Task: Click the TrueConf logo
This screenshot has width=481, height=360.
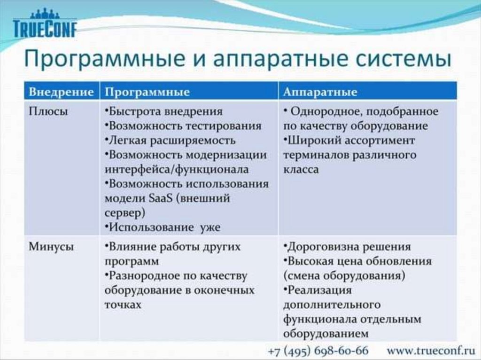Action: [45, 23]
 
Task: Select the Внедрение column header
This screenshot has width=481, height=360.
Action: [62, 92]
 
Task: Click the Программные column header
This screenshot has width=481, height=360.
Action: [147, 92]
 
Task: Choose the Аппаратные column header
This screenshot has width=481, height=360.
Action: [320, 92]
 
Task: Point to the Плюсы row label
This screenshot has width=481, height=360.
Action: [48, 111]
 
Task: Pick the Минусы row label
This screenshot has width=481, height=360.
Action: [51, 247]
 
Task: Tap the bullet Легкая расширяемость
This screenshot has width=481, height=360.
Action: [170, 141]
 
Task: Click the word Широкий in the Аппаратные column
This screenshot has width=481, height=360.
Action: [313, 141]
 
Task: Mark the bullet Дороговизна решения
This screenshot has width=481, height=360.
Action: [347, 247]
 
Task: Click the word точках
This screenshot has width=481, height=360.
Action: [123, 305]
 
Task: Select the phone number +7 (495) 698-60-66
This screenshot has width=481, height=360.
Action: [318, 351]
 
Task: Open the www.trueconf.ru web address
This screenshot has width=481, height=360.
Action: [431, 351]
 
